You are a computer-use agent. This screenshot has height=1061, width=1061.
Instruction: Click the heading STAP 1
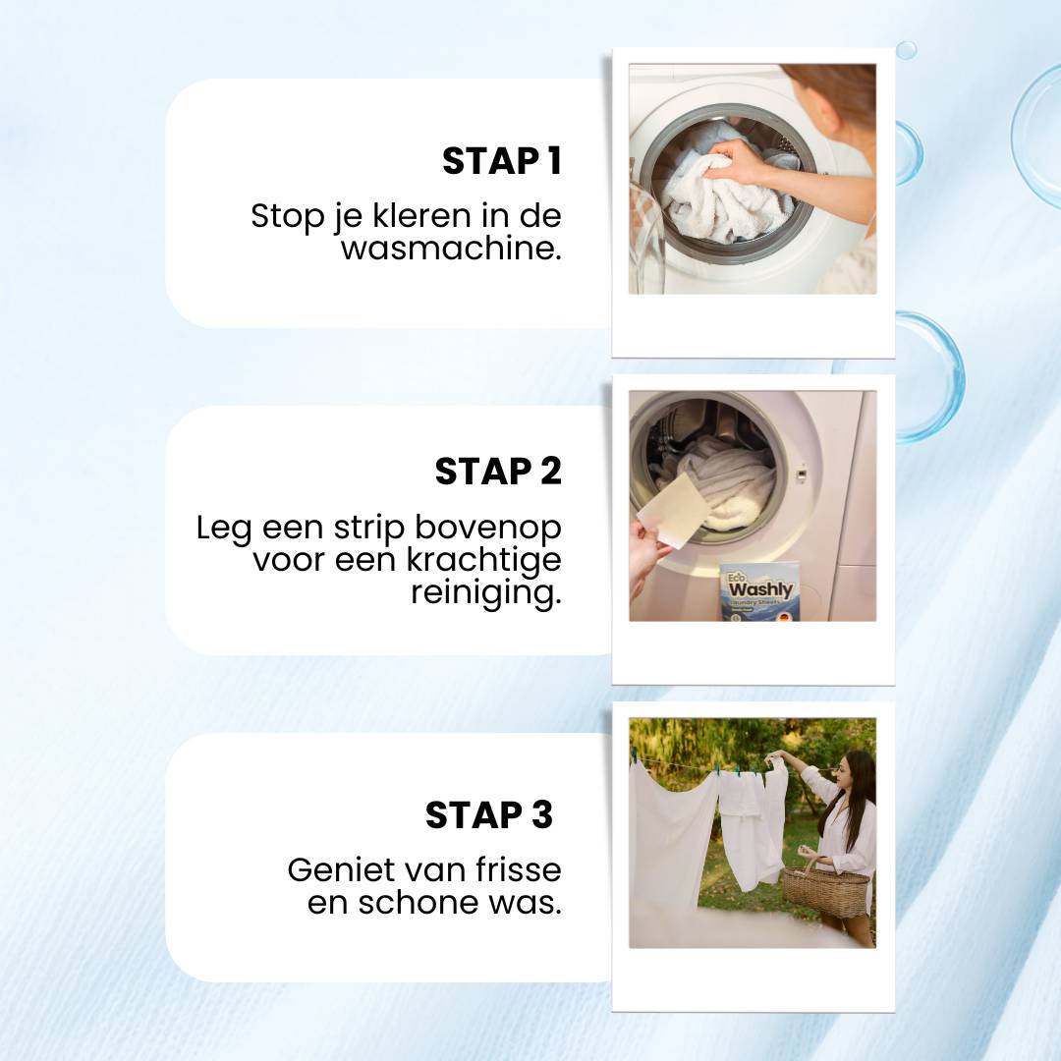click(501, 161)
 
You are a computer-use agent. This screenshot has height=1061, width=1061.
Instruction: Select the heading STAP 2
click(498, 472)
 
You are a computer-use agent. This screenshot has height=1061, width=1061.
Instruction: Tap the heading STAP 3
click(489, 814)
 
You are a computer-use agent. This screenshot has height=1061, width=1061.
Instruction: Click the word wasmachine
click(451, 248)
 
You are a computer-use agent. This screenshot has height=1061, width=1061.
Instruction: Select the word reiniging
click(485, 592)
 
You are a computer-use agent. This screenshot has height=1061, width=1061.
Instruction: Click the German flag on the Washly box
click(783, 615)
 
